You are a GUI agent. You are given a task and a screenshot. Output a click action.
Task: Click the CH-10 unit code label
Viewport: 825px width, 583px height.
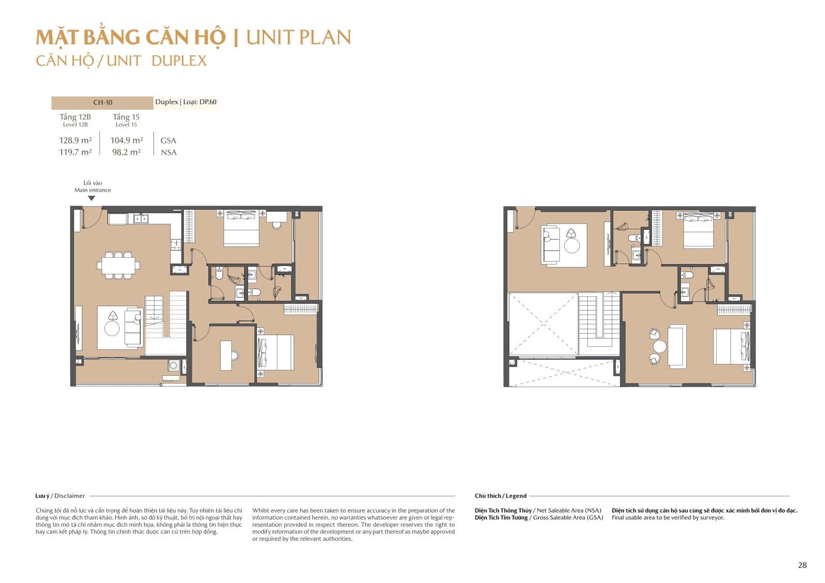tap(103, 103)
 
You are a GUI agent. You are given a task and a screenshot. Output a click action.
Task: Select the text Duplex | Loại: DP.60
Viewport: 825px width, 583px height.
tap(186, 102)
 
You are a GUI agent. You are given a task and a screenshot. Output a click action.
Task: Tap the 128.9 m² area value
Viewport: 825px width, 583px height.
tap(75, 140)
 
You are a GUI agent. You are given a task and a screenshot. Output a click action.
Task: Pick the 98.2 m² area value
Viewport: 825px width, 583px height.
tap(126, 152)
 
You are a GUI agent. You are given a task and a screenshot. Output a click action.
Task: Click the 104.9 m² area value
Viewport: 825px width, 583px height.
tap(126, 140)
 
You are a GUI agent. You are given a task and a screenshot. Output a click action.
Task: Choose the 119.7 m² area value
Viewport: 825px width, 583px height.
tap(75, 152)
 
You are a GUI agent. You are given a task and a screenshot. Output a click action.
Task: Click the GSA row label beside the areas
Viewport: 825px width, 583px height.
tap(168, 141)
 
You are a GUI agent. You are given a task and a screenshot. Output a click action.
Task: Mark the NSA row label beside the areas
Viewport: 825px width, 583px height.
tap(169, 153)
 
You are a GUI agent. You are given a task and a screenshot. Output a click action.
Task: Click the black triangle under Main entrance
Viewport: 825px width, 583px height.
tap(91, 198)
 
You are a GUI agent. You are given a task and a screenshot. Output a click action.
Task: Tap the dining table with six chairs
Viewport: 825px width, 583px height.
tap(118, 265)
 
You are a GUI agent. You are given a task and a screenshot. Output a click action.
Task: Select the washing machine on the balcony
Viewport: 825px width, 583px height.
tap(173, 365)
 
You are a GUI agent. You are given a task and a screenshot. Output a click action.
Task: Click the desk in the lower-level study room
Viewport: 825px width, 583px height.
tap(226, 355)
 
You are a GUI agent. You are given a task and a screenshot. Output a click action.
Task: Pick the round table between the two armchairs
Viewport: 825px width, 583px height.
tap(659, 346)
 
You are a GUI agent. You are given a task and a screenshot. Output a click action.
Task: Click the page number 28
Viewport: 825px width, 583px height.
tap(802, 565)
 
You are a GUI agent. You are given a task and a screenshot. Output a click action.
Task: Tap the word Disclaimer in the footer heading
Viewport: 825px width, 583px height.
tap(70, 496)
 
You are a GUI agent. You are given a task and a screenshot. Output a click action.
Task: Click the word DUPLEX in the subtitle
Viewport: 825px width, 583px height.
tap(179, 61)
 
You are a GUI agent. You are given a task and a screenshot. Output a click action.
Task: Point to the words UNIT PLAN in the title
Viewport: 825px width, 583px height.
tap(299, 37)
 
